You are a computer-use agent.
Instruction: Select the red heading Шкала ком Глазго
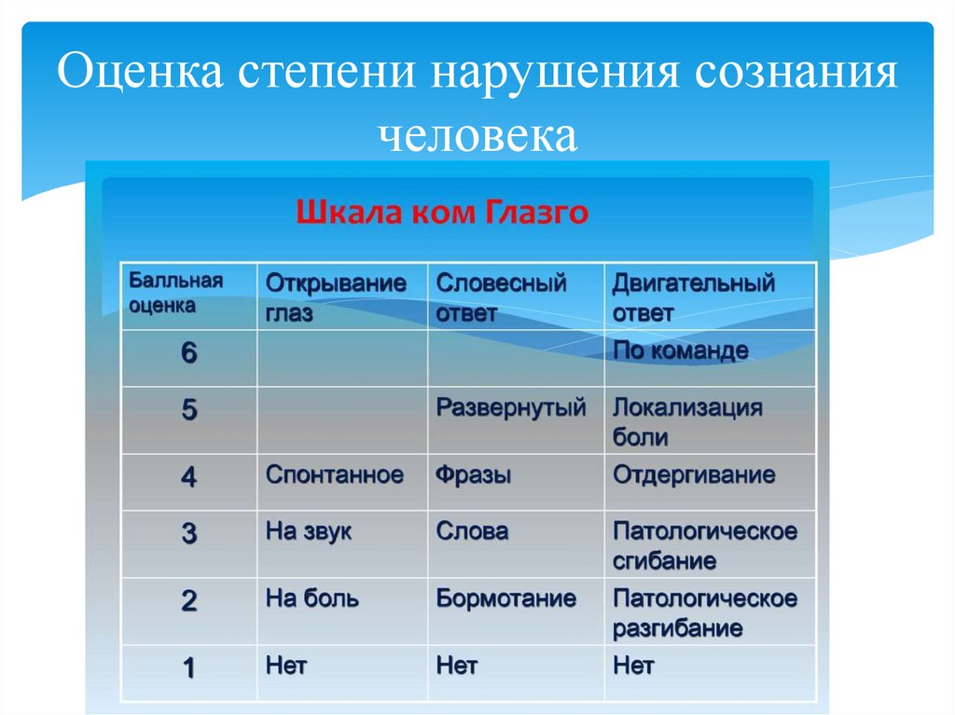[x=442, y=213]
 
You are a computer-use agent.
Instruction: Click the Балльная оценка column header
[x=175, y=292]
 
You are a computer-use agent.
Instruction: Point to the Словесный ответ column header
[x=502, y=297]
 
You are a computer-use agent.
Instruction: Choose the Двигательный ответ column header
[x=694, y=297]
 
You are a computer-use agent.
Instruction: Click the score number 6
[x=188, y=354]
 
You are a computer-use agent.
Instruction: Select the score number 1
[x=188, y=667]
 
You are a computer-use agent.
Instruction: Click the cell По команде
[x=681, y=351]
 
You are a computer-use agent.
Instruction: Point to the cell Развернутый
[x=511, y=408]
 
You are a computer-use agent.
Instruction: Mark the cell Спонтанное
[x=335, y=475]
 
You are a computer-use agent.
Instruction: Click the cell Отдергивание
[x=694, y=475]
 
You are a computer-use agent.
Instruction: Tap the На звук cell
[x=309, y=532]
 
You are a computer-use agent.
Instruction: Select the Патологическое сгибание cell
[x=705, y=546]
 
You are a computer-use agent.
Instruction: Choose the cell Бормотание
[x=506, y=598]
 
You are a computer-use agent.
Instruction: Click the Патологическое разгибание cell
[x=705, y=612]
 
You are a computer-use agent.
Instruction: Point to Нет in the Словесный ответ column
[x=457, y=666]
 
